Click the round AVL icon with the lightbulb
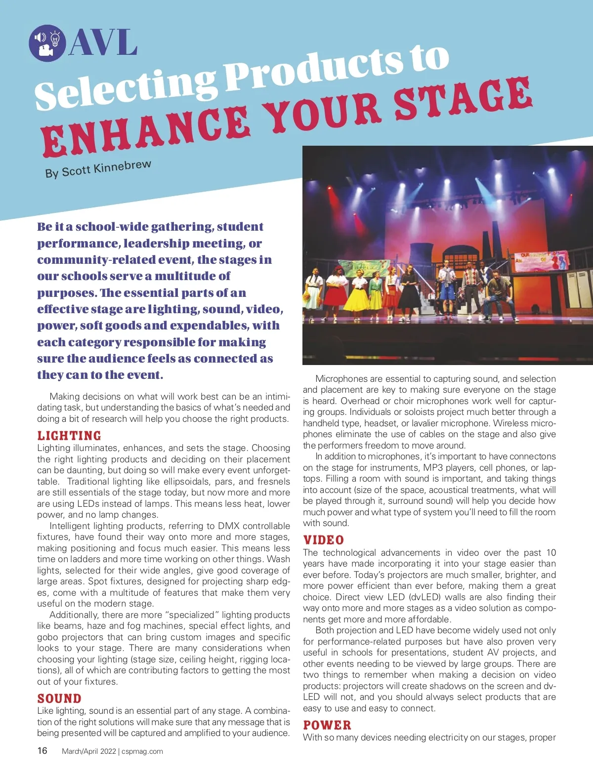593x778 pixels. (47, 43)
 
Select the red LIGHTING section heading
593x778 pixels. (69, 436)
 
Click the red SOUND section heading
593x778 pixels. (59, 698)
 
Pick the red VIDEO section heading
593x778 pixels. (324, 540)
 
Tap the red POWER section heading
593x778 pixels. (327, 725)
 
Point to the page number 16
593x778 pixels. (42, 751)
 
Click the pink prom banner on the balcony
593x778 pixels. (541, 261)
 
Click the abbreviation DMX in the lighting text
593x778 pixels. (229, 526)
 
